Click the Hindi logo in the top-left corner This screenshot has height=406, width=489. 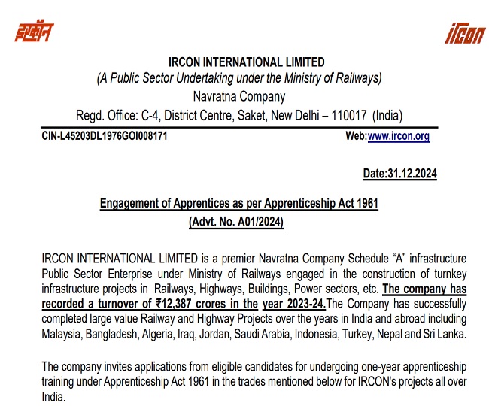click(35, 32)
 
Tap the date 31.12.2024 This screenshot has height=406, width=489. click(410, 174)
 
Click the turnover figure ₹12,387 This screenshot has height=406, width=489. click(181, 304)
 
